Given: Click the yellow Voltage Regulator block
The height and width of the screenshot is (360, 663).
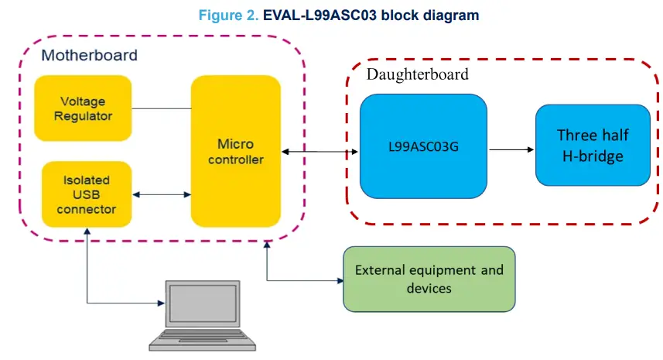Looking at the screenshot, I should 83,108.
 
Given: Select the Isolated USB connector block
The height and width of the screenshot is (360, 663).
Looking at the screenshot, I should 85,194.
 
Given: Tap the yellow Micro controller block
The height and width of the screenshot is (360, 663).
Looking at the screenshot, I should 235,151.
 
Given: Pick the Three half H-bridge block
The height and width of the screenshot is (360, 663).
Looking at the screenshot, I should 593,145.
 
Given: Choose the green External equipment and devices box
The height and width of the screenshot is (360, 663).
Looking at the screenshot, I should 429,279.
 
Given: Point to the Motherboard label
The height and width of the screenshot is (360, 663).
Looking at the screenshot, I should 89,55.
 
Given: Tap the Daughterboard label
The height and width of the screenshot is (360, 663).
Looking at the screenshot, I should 417,74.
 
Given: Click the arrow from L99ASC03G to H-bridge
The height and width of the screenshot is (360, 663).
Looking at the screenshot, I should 511,146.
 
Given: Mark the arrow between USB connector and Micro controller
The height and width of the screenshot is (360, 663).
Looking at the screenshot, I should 162,194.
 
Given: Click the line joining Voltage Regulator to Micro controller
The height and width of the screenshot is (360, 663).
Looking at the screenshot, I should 161,108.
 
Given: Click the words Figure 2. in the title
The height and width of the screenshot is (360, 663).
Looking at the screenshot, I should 230,15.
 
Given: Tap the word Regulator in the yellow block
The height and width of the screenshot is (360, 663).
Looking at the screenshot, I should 83,116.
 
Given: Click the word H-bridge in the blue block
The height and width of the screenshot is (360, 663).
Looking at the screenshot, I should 593,156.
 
